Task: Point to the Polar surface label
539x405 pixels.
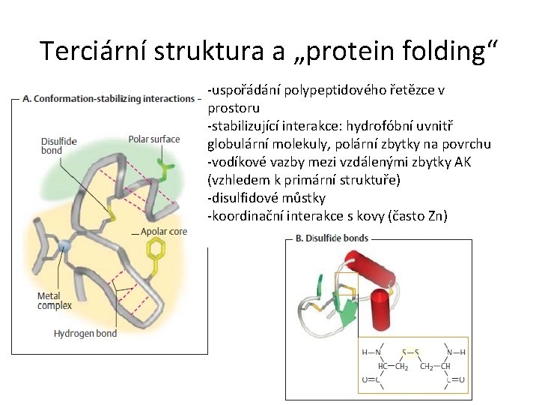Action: tap(154, 139)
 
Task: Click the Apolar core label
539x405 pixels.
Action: tap(164, 232)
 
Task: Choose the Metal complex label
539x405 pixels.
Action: tap(55, 301)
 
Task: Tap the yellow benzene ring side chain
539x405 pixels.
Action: tap(156, 264)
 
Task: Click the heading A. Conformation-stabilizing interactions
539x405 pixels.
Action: tap(109, 98)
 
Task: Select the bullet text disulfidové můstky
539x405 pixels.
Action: tap(268, 198)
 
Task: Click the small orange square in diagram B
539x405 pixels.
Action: tap(346, 286)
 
